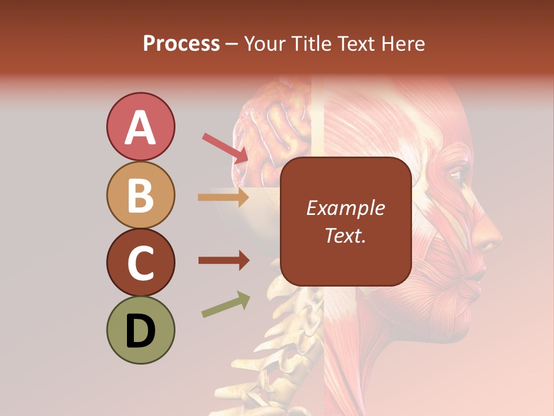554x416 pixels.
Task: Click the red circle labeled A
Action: click(140, 127)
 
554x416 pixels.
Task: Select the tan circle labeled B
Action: click(140, 195)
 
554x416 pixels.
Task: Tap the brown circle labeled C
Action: click(140, 263)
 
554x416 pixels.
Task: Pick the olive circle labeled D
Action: click(140, 330)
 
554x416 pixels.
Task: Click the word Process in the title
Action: click(181, 43)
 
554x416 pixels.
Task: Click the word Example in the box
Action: click(345, 209)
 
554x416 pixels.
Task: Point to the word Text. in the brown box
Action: click(345, 236)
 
